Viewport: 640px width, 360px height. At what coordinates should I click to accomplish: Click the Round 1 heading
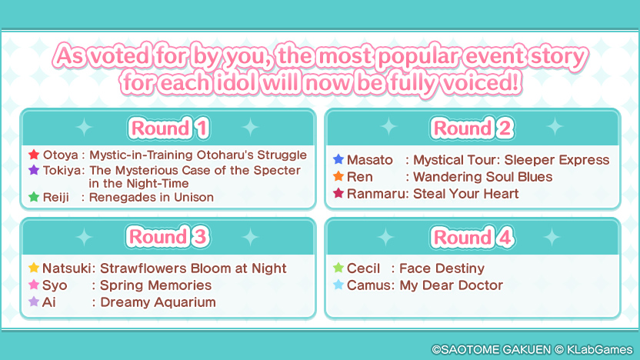click(x=168, y=128)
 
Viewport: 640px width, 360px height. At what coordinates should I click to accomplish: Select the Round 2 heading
click(x=472, y=128)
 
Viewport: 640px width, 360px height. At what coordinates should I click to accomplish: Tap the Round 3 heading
click(x=168, y=237)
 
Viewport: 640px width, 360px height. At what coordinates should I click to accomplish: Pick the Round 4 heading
click(x=472, y=237)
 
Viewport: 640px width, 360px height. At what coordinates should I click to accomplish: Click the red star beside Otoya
click(x=34, y=155)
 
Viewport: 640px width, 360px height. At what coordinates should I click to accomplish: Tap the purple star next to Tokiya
click(x=34, y=169)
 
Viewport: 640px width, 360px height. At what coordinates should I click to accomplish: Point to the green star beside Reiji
click(x=34, y=197)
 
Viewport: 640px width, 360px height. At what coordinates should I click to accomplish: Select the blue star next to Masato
click(x=338, y=159)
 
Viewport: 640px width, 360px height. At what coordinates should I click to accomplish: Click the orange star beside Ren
click(x=338, y=176)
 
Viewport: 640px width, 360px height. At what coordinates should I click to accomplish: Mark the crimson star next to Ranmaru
click(x=338, y=193)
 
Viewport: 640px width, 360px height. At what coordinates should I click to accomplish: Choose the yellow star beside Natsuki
click(x=34, y=268)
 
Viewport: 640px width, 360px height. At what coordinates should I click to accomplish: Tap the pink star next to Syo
click(x=34, y=285)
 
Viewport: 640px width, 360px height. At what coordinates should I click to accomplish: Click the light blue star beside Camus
click(x=338, y=285)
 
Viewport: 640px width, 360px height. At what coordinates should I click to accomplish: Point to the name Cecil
click(x=363, y=268)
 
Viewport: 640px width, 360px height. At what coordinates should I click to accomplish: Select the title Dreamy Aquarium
click(x=158, y=302)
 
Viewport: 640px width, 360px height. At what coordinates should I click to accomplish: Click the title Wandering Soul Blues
click(x=483, y=177)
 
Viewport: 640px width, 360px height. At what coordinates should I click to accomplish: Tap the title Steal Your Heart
click(x=465, y=194)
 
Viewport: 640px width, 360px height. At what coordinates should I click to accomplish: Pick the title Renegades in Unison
click(x=152, y=197)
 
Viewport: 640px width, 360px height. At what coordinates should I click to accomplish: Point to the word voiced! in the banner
click(x=481, y=83)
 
